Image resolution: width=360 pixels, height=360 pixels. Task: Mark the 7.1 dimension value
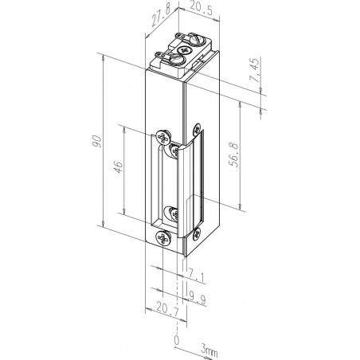(x=196, y=275)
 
